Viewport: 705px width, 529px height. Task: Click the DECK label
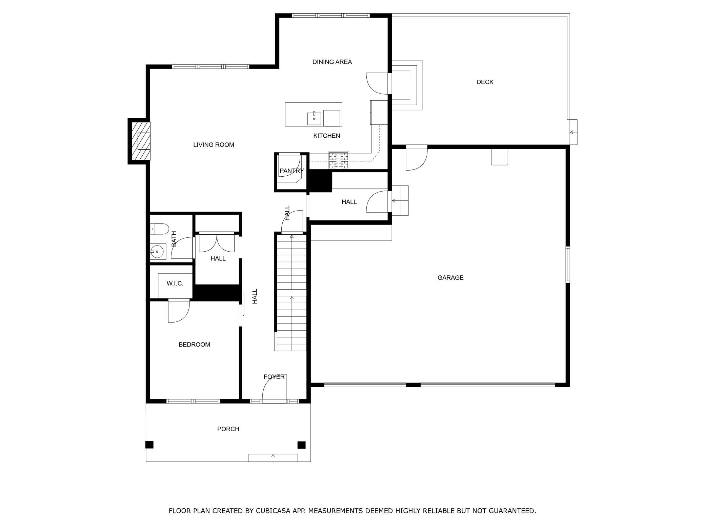pos(485,82)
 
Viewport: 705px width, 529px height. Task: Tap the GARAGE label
pos(450,278)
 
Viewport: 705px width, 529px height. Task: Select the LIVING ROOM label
pos(214,145)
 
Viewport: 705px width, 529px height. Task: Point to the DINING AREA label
pos(332,62)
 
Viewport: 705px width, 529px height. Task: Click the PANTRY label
pos(291,171)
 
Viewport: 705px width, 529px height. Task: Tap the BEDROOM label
pos(194,345)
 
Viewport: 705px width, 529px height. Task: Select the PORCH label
pos(228,429)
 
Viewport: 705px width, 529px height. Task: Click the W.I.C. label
pos(175,283)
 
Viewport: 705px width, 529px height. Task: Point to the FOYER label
pos(274,377)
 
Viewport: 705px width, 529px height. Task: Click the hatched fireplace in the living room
pos(141,141)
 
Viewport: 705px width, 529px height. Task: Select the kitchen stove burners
pos(338,160)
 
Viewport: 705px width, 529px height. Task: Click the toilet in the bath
pos(159,229)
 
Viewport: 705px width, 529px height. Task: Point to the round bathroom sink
pos(157,252)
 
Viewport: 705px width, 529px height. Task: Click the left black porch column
pos(149,445)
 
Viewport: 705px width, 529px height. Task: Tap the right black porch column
pos(301,445)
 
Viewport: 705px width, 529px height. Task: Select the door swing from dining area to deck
pos(377,83)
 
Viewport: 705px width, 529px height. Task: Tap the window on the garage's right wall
pos(568,265)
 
